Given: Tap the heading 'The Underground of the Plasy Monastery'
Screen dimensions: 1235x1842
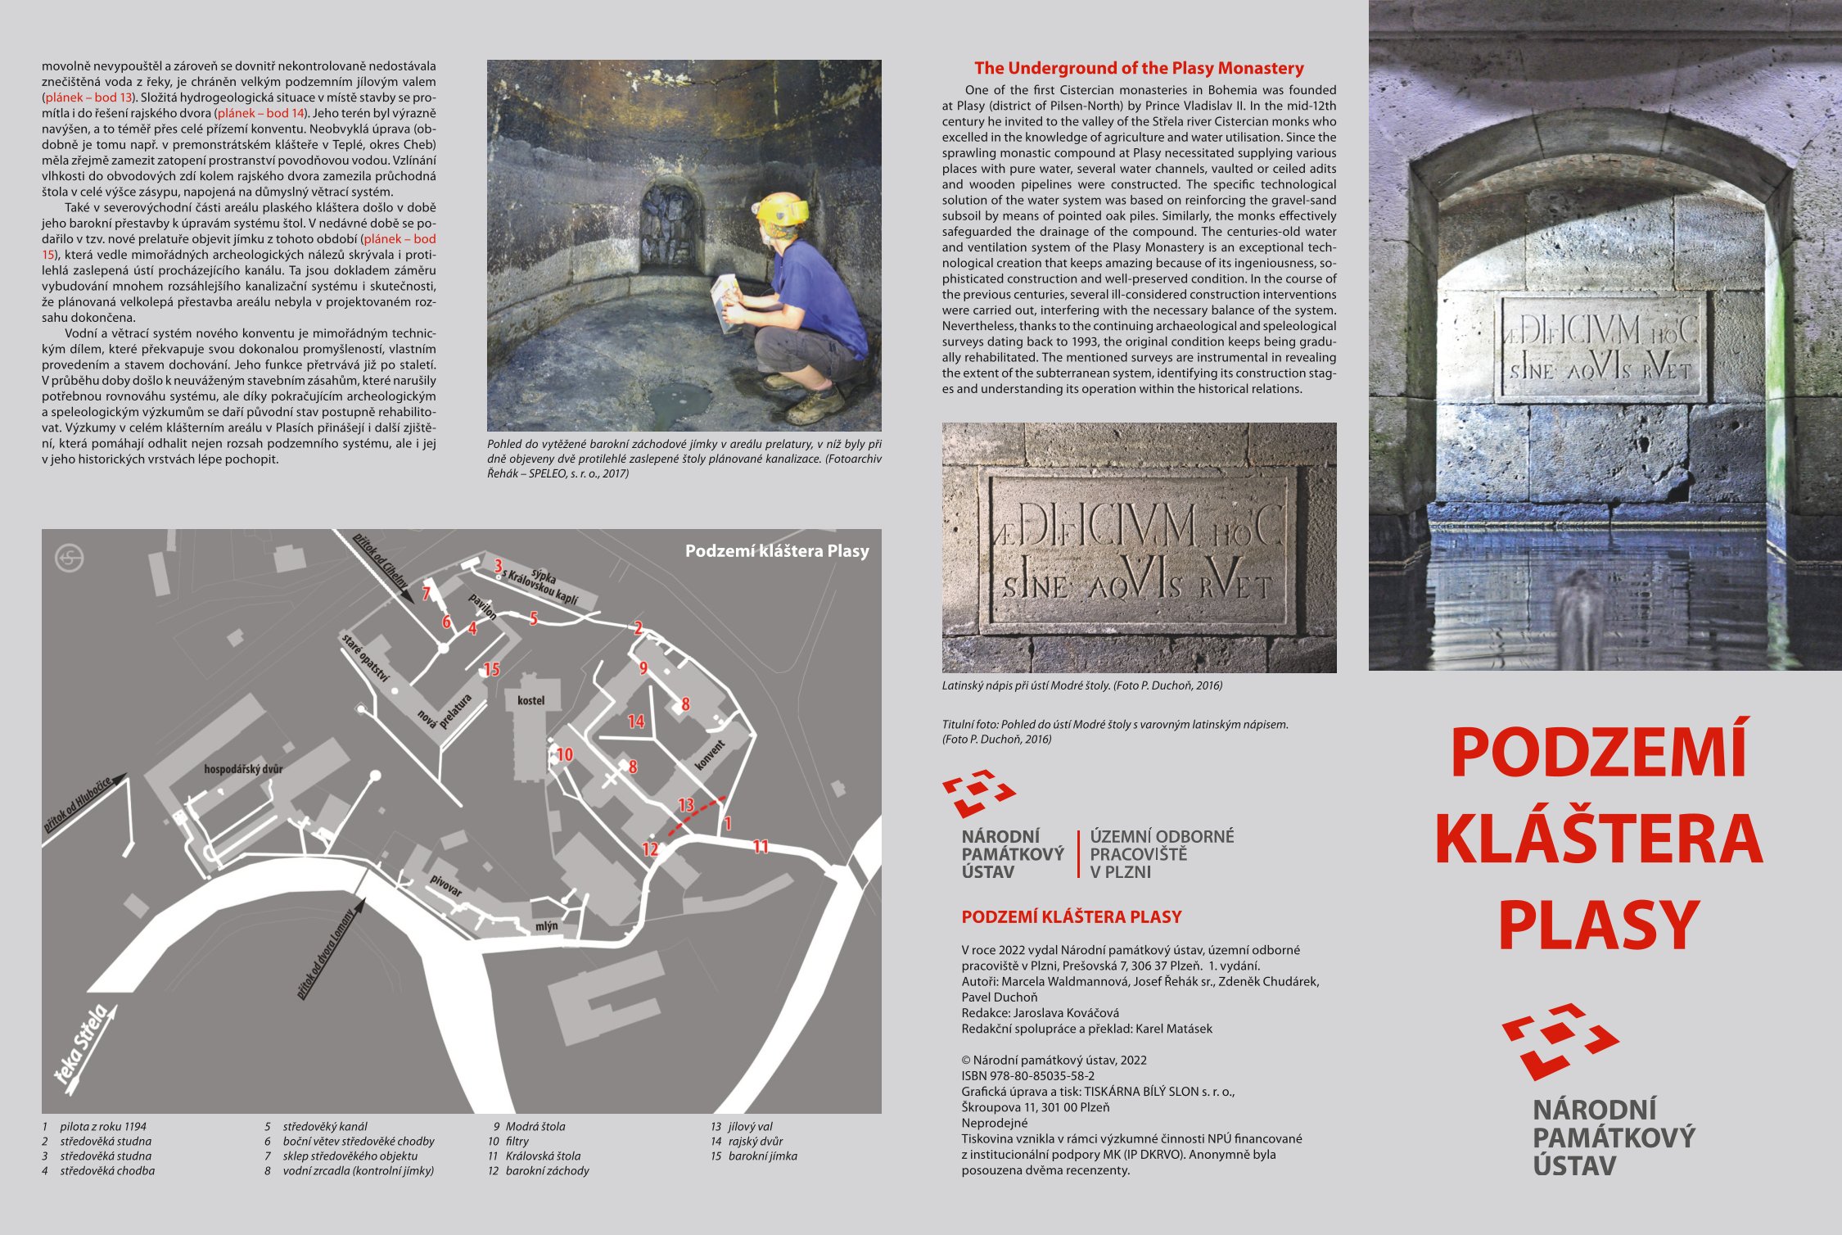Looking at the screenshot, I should (1139, 68).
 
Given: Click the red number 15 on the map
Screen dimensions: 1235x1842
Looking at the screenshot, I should (491, 669).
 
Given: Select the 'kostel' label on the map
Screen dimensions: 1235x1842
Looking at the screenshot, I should (530, 700).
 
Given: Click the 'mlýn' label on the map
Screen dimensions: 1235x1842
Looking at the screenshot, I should (546, 926).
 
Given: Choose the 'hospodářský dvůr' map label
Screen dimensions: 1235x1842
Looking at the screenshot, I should (243, 769).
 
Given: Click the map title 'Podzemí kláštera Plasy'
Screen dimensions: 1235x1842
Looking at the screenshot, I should (777, 551).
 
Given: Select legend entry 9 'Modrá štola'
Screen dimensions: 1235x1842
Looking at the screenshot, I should (529, 1127).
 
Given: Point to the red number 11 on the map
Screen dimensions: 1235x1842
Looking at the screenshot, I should (761, 847).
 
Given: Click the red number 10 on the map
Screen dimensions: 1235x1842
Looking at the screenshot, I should (565, 754).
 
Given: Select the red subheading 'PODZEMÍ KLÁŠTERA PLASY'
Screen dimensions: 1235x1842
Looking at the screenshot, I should (1072, 917).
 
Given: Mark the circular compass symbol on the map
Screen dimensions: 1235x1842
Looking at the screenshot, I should (70, 559).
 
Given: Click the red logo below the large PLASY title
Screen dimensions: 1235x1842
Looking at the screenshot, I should (1560, 1040).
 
